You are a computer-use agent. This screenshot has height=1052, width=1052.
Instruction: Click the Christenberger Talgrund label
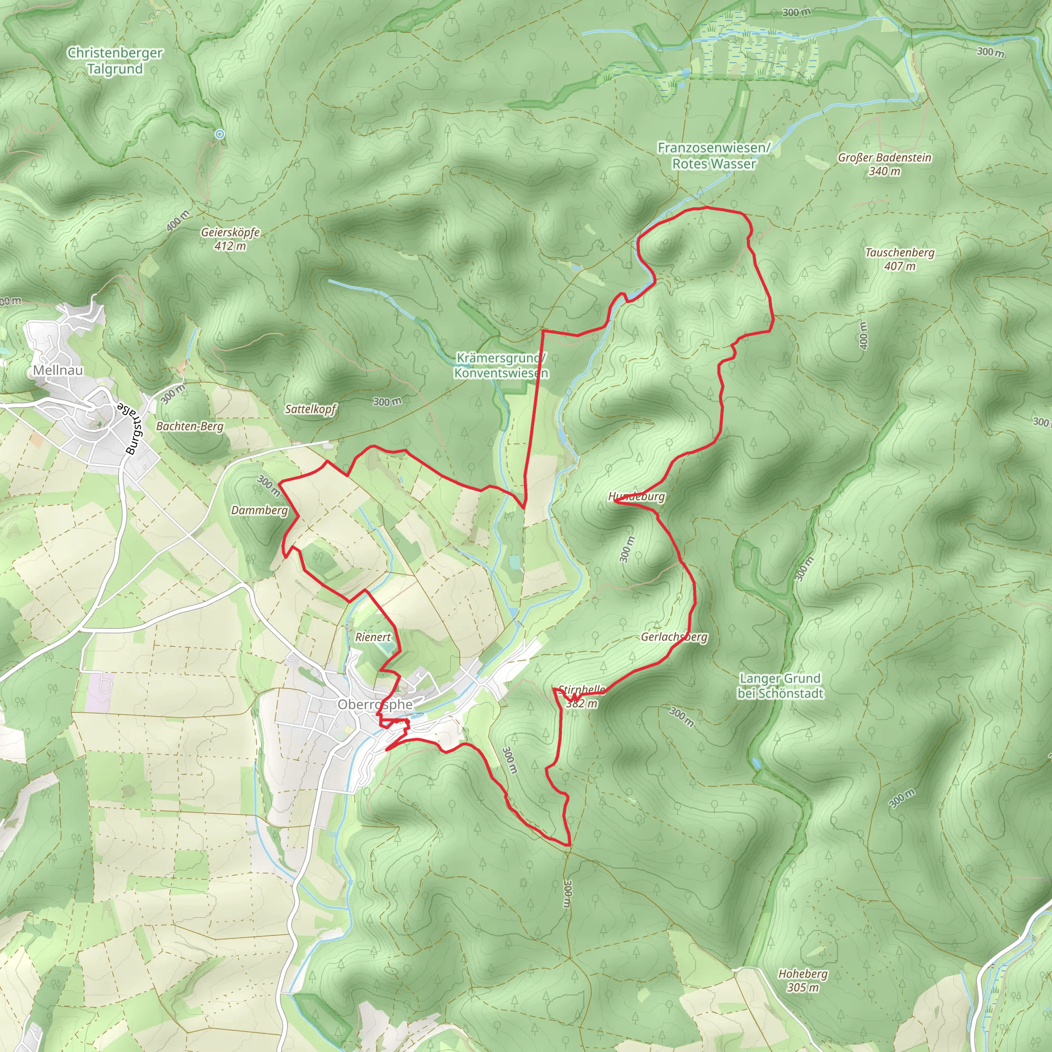click(115, 61)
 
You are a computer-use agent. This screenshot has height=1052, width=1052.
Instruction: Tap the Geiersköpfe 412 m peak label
click(230, 239)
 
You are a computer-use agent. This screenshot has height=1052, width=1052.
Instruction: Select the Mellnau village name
click(58, 370)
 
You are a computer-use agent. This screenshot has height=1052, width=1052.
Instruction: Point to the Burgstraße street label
click(130, 428)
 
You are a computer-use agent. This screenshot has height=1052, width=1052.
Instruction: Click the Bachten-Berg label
click(190, 426)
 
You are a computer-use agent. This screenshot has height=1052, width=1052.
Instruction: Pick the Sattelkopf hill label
click(310, 409)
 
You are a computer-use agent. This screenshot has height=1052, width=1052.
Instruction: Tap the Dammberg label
click(259, 510)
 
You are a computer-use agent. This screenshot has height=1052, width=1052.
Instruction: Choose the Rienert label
click(373, 637)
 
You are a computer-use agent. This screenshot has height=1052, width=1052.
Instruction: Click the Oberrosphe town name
click(374, 705)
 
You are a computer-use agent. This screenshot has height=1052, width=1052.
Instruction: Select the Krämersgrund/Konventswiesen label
click(501, 365)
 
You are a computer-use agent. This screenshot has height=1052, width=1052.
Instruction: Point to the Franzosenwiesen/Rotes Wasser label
click(714, 156)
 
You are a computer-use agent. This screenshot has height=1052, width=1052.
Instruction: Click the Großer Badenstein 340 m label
click(885, 164)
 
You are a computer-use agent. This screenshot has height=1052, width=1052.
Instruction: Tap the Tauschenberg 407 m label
click(899, 259)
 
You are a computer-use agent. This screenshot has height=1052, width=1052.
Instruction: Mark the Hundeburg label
click(636, 497)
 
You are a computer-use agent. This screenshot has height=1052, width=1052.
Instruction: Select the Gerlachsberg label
click(674, 637)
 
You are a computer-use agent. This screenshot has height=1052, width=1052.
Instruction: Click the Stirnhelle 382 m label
click(581, 697)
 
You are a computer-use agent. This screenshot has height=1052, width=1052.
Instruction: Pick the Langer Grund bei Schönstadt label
click(780, 686)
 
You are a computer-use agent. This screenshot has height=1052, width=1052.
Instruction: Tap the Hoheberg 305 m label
click(803, 980)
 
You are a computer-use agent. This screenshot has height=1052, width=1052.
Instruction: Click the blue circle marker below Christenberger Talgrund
click(219, 134)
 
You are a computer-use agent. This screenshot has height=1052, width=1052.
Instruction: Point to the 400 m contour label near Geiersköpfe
click(178, 220)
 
